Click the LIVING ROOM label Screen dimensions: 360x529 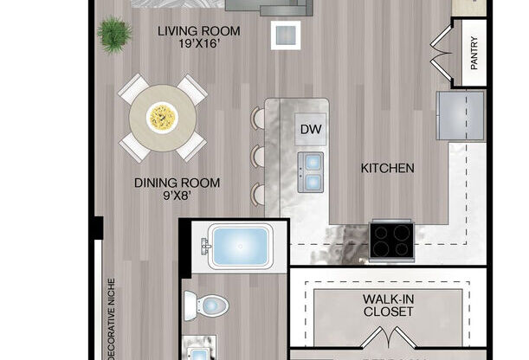pyautogui.click(x=198, y=32)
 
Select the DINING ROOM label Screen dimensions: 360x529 pyautogui.click(x=177, y=183)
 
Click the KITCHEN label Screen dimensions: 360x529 pyautogui.click(x=387, y=168)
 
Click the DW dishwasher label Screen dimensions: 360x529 pyautogui.click(x=310, y=130)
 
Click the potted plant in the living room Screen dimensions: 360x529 pyautogui.click(x=114, y=35)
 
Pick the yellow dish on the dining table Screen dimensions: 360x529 pyautogui.click(x=162, y=117)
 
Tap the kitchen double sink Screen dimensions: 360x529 pyautogui.click(x=310, y=171)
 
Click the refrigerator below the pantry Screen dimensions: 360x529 pyautogui.click(x=460, y=114)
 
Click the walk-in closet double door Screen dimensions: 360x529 pyautogui.click(x=392, y=337)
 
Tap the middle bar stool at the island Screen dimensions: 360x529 pyautogui.click(x=258, y=157)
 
